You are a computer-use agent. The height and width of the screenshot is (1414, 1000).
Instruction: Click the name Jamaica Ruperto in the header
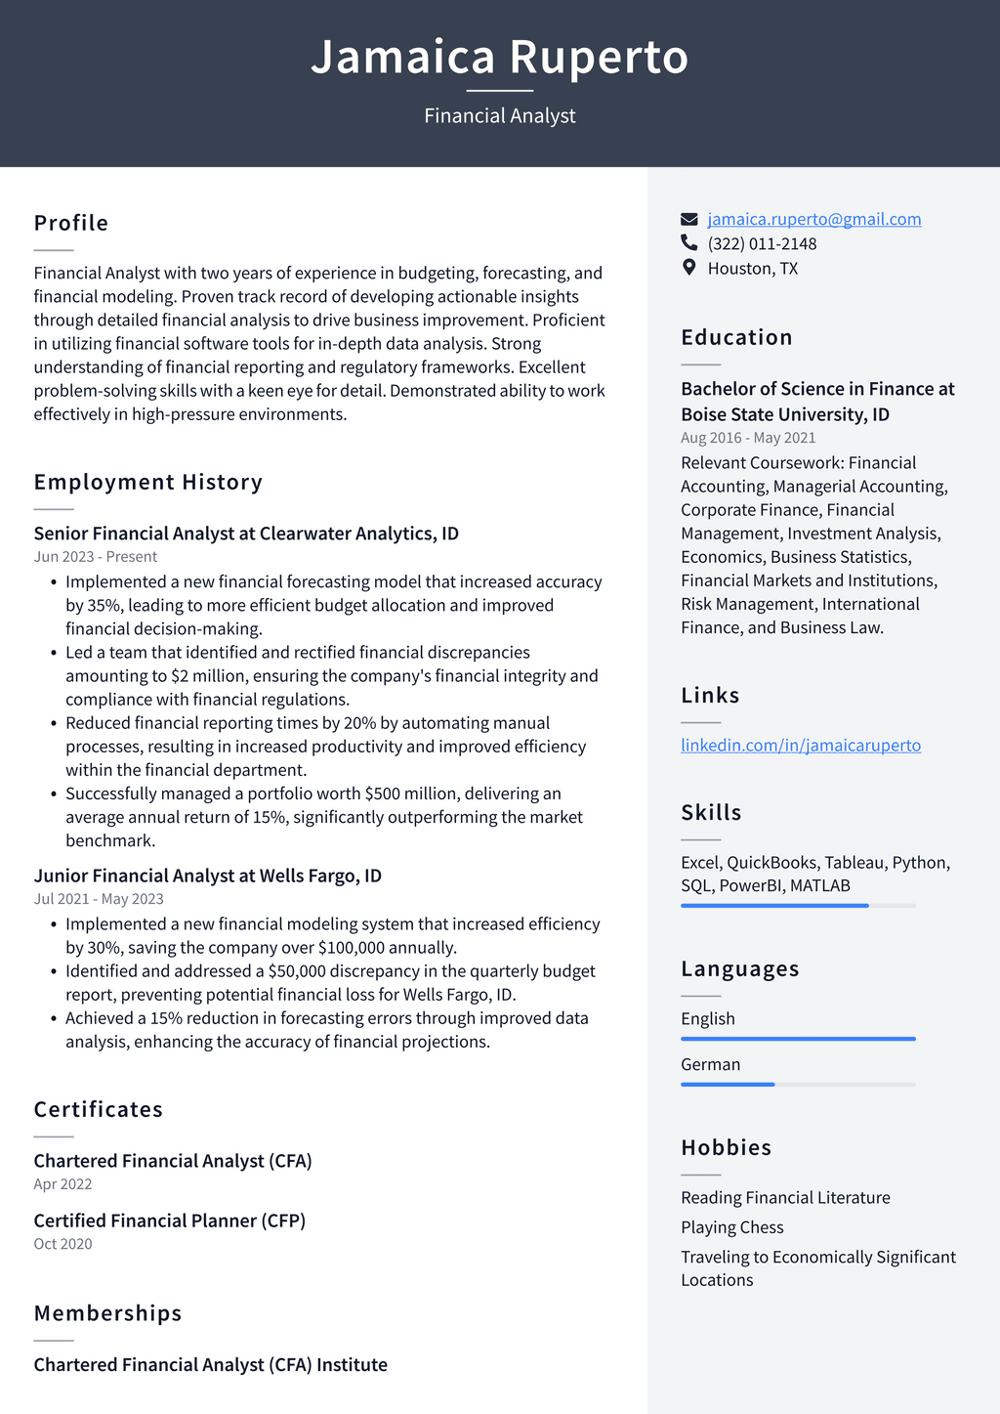pos(499,57)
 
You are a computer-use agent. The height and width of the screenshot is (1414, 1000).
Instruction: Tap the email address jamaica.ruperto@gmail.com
pos(813,219)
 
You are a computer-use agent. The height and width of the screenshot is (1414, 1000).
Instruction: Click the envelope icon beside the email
pos(689,219)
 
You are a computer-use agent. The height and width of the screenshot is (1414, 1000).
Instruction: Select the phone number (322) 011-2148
pos(762,243)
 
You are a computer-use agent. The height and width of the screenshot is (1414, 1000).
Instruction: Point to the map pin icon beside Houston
pos(689,268)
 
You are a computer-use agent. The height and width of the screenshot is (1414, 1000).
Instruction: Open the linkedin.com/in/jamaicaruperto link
pos(800,745)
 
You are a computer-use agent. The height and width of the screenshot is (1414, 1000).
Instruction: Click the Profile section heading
pos(71,223)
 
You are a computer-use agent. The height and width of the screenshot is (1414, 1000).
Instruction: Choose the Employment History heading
pos(148,482)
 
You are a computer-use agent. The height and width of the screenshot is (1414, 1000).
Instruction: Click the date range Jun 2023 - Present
pos(96,557)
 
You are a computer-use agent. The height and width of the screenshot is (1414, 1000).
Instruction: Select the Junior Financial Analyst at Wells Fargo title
pos(207,876)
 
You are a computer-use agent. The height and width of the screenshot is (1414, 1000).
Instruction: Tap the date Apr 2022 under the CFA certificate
pos(62,1184)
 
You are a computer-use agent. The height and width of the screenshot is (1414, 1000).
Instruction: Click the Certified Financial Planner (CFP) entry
pos(170,1221)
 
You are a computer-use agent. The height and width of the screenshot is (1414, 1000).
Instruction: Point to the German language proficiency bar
pos(798,1084)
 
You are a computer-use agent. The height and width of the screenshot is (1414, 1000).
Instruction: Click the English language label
pos(708,1018)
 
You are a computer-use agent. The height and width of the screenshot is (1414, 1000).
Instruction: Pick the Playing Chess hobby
pos(732,1227)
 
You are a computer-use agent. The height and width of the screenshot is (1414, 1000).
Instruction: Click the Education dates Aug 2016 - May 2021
pos(748,438)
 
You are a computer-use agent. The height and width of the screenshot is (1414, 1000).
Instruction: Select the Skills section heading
pos(711,812)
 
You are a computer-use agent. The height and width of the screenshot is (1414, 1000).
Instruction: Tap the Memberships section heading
pos(108,1313)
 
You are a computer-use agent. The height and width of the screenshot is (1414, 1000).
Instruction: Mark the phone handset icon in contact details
pos(689,243)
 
